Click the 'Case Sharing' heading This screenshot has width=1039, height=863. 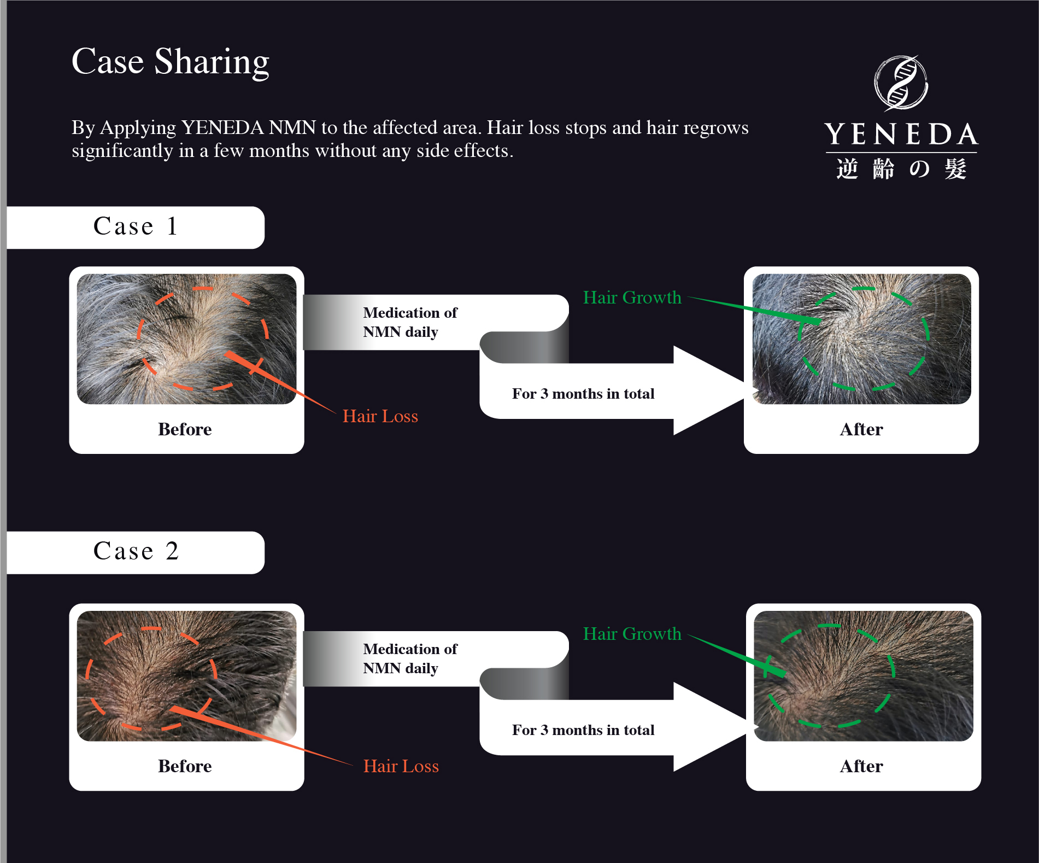[171, 61]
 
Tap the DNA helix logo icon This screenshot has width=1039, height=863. [901, 83]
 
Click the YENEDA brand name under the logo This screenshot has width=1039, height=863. [901, 135]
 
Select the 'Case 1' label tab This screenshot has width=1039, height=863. [136, 226]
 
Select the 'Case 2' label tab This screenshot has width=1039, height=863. [136, 551]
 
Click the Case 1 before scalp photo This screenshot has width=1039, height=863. [186, 339]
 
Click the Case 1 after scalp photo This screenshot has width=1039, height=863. [861, 339]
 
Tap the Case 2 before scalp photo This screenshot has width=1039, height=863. [186, 675]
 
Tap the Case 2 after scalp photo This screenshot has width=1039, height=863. [863, 675]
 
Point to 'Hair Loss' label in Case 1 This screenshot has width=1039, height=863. [380, 416]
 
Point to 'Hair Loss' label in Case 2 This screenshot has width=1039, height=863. [401, 766]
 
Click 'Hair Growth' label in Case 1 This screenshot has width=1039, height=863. [632, 298]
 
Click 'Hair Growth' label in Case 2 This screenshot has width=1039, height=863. [632, 634]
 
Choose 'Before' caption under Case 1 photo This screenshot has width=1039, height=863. [185, 429]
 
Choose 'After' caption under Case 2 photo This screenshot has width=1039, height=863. [861, 766]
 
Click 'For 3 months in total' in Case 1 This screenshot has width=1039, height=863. [583, 394]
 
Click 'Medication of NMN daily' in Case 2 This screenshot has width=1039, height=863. [410, 658]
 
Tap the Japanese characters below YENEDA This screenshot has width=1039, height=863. [901, 169]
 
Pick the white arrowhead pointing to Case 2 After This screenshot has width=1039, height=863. [711, 727]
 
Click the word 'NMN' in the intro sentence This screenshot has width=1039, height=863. [292, 128]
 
